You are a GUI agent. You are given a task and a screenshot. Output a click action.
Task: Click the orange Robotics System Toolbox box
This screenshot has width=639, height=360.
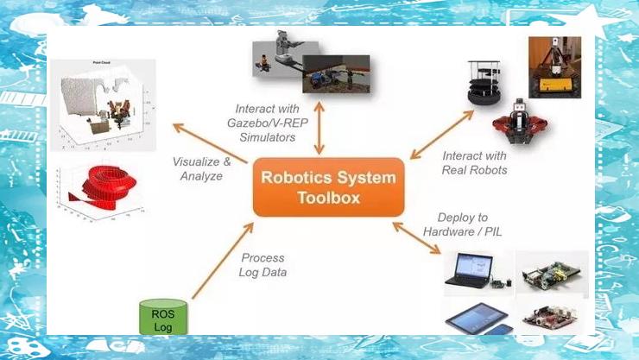pos(328,186)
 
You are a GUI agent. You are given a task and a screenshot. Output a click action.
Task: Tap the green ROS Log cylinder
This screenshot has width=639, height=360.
pos(163,316)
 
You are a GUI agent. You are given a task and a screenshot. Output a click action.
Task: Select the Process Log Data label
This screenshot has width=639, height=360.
pos(262,265)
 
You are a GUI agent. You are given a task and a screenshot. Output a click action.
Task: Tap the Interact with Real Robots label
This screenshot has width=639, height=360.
pos(474,162)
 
